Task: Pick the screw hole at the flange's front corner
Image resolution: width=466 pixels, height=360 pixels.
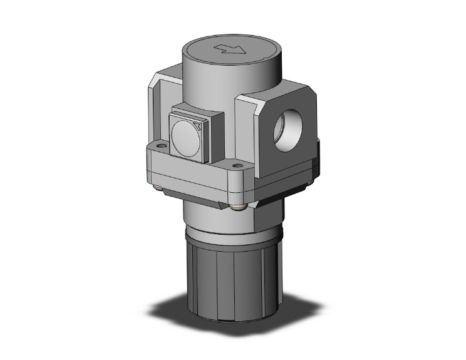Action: click(x=237, y=167)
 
